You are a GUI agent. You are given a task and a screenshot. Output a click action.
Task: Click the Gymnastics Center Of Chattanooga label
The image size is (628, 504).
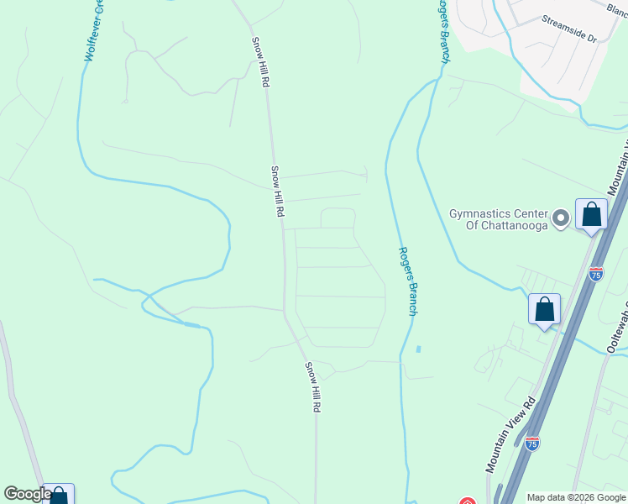point(499,219)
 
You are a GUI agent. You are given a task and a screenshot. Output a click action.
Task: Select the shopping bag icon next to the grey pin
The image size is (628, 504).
point(591,215)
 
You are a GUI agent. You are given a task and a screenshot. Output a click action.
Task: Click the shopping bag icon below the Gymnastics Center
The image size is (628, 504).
point(544,309)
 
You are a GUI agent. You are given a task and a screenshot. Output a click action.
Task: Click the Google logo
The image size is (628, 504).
point(28,495)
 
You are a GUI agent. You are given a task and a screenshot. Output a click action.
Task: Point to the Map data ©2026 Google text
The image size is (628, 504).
point(576,497)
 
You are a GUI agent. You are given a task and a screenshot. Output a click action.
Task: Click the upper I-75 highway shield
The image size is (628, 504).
point(595,274)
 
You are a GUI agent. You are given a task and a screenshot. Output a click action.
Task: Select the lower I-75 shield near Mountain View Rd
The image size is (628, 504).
point(531,443)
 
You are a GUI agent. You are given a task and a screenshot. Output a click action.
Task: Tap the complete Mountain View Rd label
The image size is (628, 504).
point(509,434)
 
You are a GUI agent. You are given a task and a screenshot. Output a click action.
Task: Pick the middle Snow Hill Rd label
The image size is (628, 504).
point(277,192)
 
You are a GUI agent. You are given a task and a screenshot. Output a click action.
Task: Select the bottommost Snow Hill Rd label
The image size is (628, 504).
point(312,386)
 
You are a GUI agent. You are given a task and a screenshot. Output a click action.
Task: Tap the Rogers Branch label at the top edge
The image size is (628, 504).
point(442,30)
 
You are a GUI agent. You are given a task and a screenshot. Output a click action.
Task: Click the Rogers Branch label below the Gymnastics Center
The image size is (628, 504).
point(407,281)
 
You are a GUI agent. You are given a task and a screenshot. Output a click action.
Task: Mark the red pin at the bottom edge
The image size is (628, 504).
point(468,501)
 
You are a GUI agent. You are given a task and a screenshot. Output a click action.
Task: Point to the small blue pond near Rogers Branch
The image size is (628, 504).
point(418,349)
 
